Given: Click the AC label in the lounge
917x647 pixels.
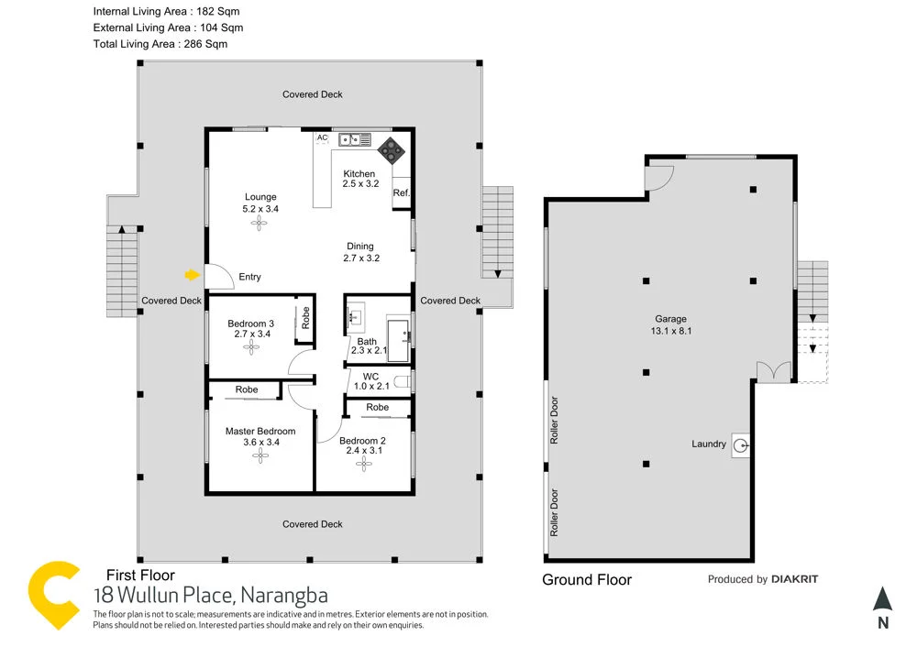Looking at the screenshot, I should (x=322, y=138).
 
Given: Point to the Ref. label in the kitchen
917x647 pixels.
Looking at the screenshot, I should (x=401, y=193).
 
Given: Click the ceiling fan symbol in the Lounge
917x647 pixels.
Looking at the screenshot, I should (x=260, y=225).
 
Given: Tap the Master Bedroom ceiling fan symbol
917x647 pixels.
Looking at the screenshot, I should (x=260, y=459).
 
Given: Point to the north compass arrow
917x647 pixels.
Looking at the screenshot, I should (x=882, y=599).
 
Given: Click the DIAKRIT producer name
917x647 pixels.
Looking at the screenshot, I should (x=794, y=579).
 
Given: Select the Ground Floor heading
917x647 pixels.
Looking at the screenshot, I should (x=587, y=579).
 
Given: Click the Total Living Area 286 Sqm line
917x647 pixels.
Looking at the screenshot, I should (x=160, y=44).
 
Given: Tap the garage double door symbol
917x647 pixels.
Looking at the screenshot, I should (x=772, y=370).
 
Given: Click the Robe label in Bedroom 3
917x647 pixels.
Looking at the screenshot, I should (x=305, y=318).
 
